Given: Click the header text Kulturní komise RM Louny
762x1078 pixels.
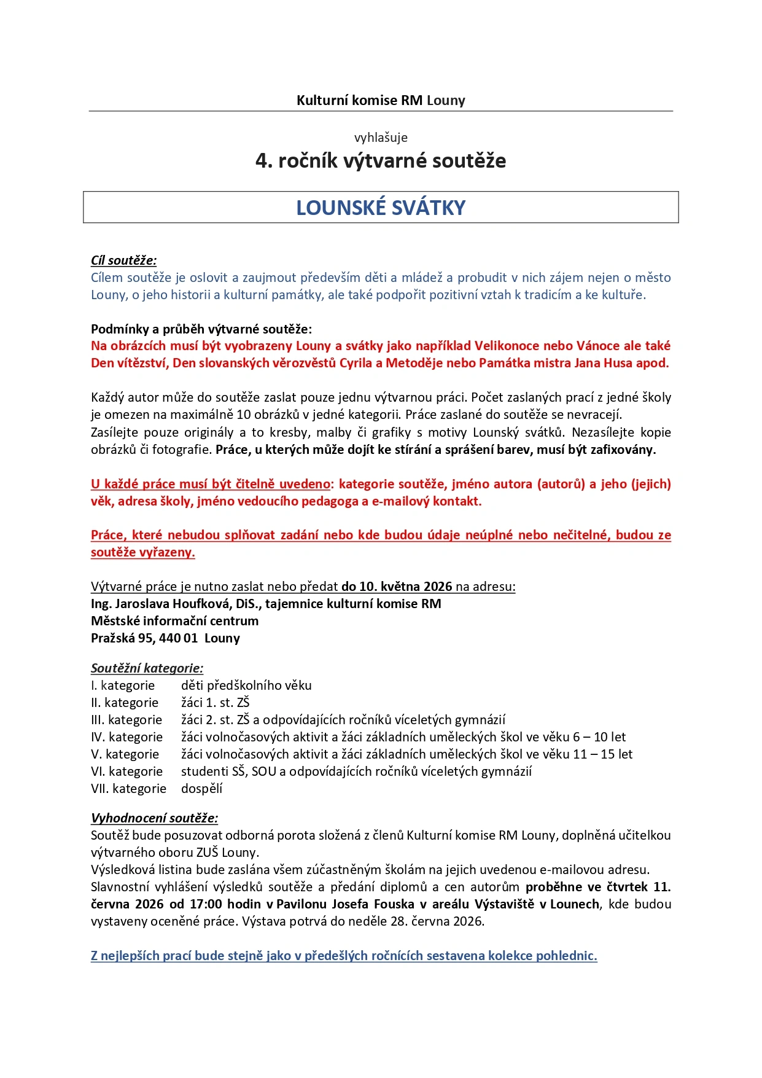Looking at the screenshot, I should [381, 100].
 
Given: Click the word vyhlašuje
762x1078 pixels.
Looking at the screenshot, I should [381, 138].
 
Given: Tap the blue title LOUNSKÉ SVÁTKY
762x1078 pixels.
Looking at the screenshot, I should [381, 208].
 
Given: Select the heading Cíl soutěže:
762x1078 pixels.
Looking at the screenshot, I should [123, 260].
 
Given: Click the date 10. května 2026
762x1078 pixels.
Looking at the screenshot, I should [397, 587].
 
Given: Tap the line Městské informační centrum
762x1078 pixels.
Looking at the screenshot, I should [174, 621].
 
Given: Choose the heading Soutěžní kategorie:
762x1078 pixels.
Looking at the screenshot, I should [147, 668].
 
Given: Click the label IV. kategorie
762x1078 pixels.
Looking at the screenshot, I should [126, 737].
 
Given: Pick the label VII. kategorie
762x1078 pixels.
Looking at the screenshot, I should [128, 789].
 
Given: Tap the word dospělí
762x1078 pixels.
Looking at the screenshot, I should [201, 789].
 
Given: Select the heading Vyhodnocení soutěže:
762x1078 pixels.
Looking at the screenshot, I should [154, 818].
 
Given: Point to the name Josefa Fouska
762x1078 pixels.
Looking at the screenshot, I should [373, 904].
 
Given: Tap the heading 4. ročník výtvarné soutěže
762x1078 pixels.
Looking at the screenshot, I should [381, 161].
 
